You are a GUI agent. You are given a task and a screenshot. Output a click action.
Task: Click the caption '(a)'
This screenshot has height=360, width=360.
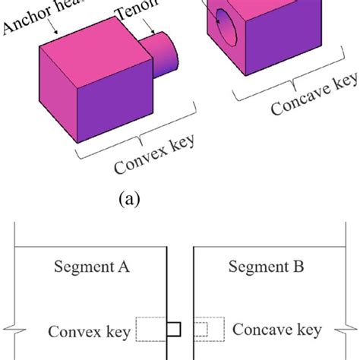click(x=127, y=201)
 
